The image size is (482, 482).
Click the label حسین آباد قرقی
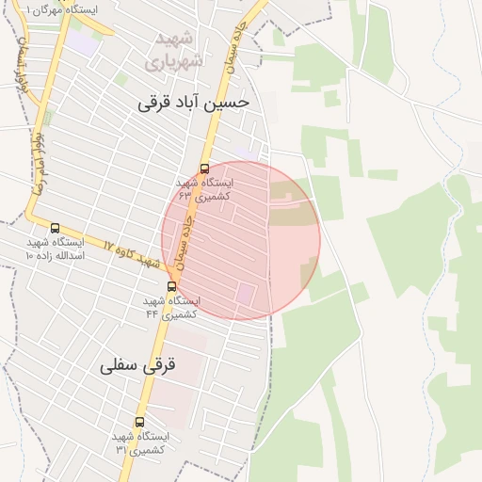click(194, 102)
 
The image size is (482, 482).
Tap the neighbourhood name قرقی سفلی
click(138, 364)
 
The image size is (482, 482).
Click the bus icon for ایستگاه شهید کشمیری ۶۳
click(205, 169)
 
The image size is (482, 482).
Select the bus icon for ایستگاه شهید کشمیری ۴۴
click(171, 286)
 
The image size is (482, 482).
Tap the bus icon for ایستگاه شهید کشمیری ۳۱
click(140, 423)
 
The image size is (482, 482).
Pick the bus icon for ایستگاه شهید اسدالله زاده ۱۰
click(55, 229)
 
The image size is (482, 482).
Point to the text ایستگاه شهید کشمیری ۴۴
click(171, 307)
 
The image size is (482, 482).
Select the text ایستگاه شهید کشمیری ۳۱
click(140, 443)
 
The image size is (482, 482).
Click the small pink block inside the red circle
click(244, 294)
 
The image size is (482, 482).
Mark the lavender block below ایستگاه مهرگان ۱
click(84, 43)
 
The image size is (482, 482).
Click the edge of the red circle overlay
click(320, 240)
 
